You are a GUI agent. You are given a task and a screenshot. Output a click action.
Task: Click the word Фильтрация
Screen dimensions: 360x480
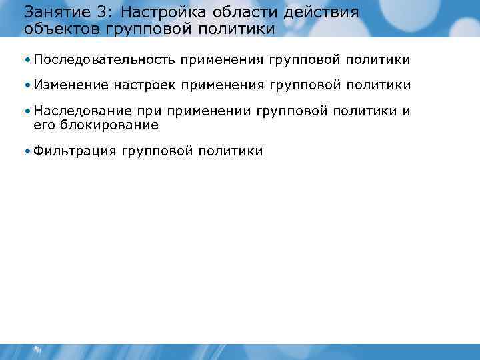(74, 151)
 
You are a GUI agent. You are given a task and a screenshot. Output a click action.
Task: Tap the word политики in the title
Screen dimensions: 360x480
(237, 29)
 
